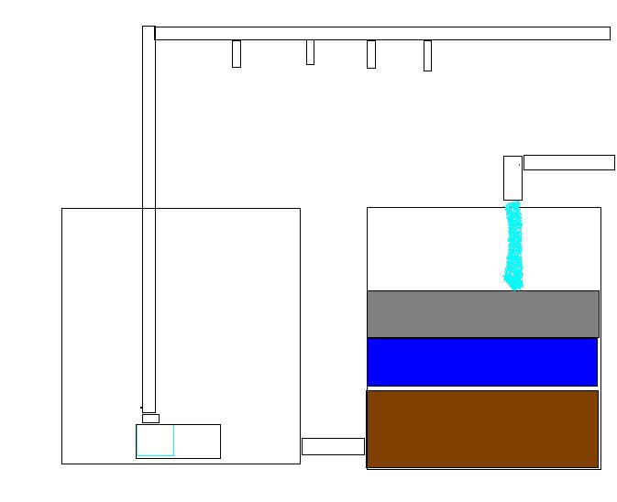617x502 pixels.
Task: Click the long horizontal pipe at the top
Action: click(x=381, y=34)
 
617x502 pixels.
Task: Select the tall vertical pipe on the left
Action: click(x=149, y=220)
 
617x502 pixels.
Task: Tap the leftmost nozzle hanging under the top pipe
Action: click(x=237, y=53)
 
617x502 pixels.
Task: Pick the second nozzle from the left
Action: click(x=310, y=52)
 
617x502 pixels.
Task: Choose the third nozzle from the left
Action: click(x=371, y=54)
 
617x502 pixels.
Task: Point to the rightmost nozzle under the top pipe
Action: click(x=427, y=55)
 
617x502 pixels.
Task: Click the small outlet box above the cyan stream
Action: click(x=512, y=178)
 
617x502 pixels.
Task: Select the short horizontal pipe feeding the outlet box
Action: click(x=568, y=163)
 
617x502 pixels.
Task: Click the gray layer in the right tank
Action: click(x=482, y=314)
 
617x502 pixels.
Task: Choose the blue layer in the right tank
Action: click(x=482, y=362)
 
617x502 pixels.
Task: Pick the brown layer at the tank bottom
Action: click(x=482, y=429)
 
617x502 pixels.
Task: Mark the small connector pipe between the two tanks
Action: click(x=333, y=446)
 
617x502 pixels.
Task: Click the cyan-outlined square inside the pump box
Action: click(x=155, y=441)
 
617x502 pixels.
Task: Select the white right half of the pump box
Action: click(x=197, y=441)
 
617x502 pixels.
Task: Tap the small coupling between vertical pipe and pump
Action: click(x=150, y=419)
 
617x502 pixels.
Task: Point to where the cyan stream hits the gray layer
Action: click(x=515, y=289)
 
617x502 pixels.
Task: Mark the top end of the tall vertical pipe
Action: click(x=149, y=30)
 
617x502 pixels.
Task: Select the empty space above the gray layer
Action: click(x=431, y=247)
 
